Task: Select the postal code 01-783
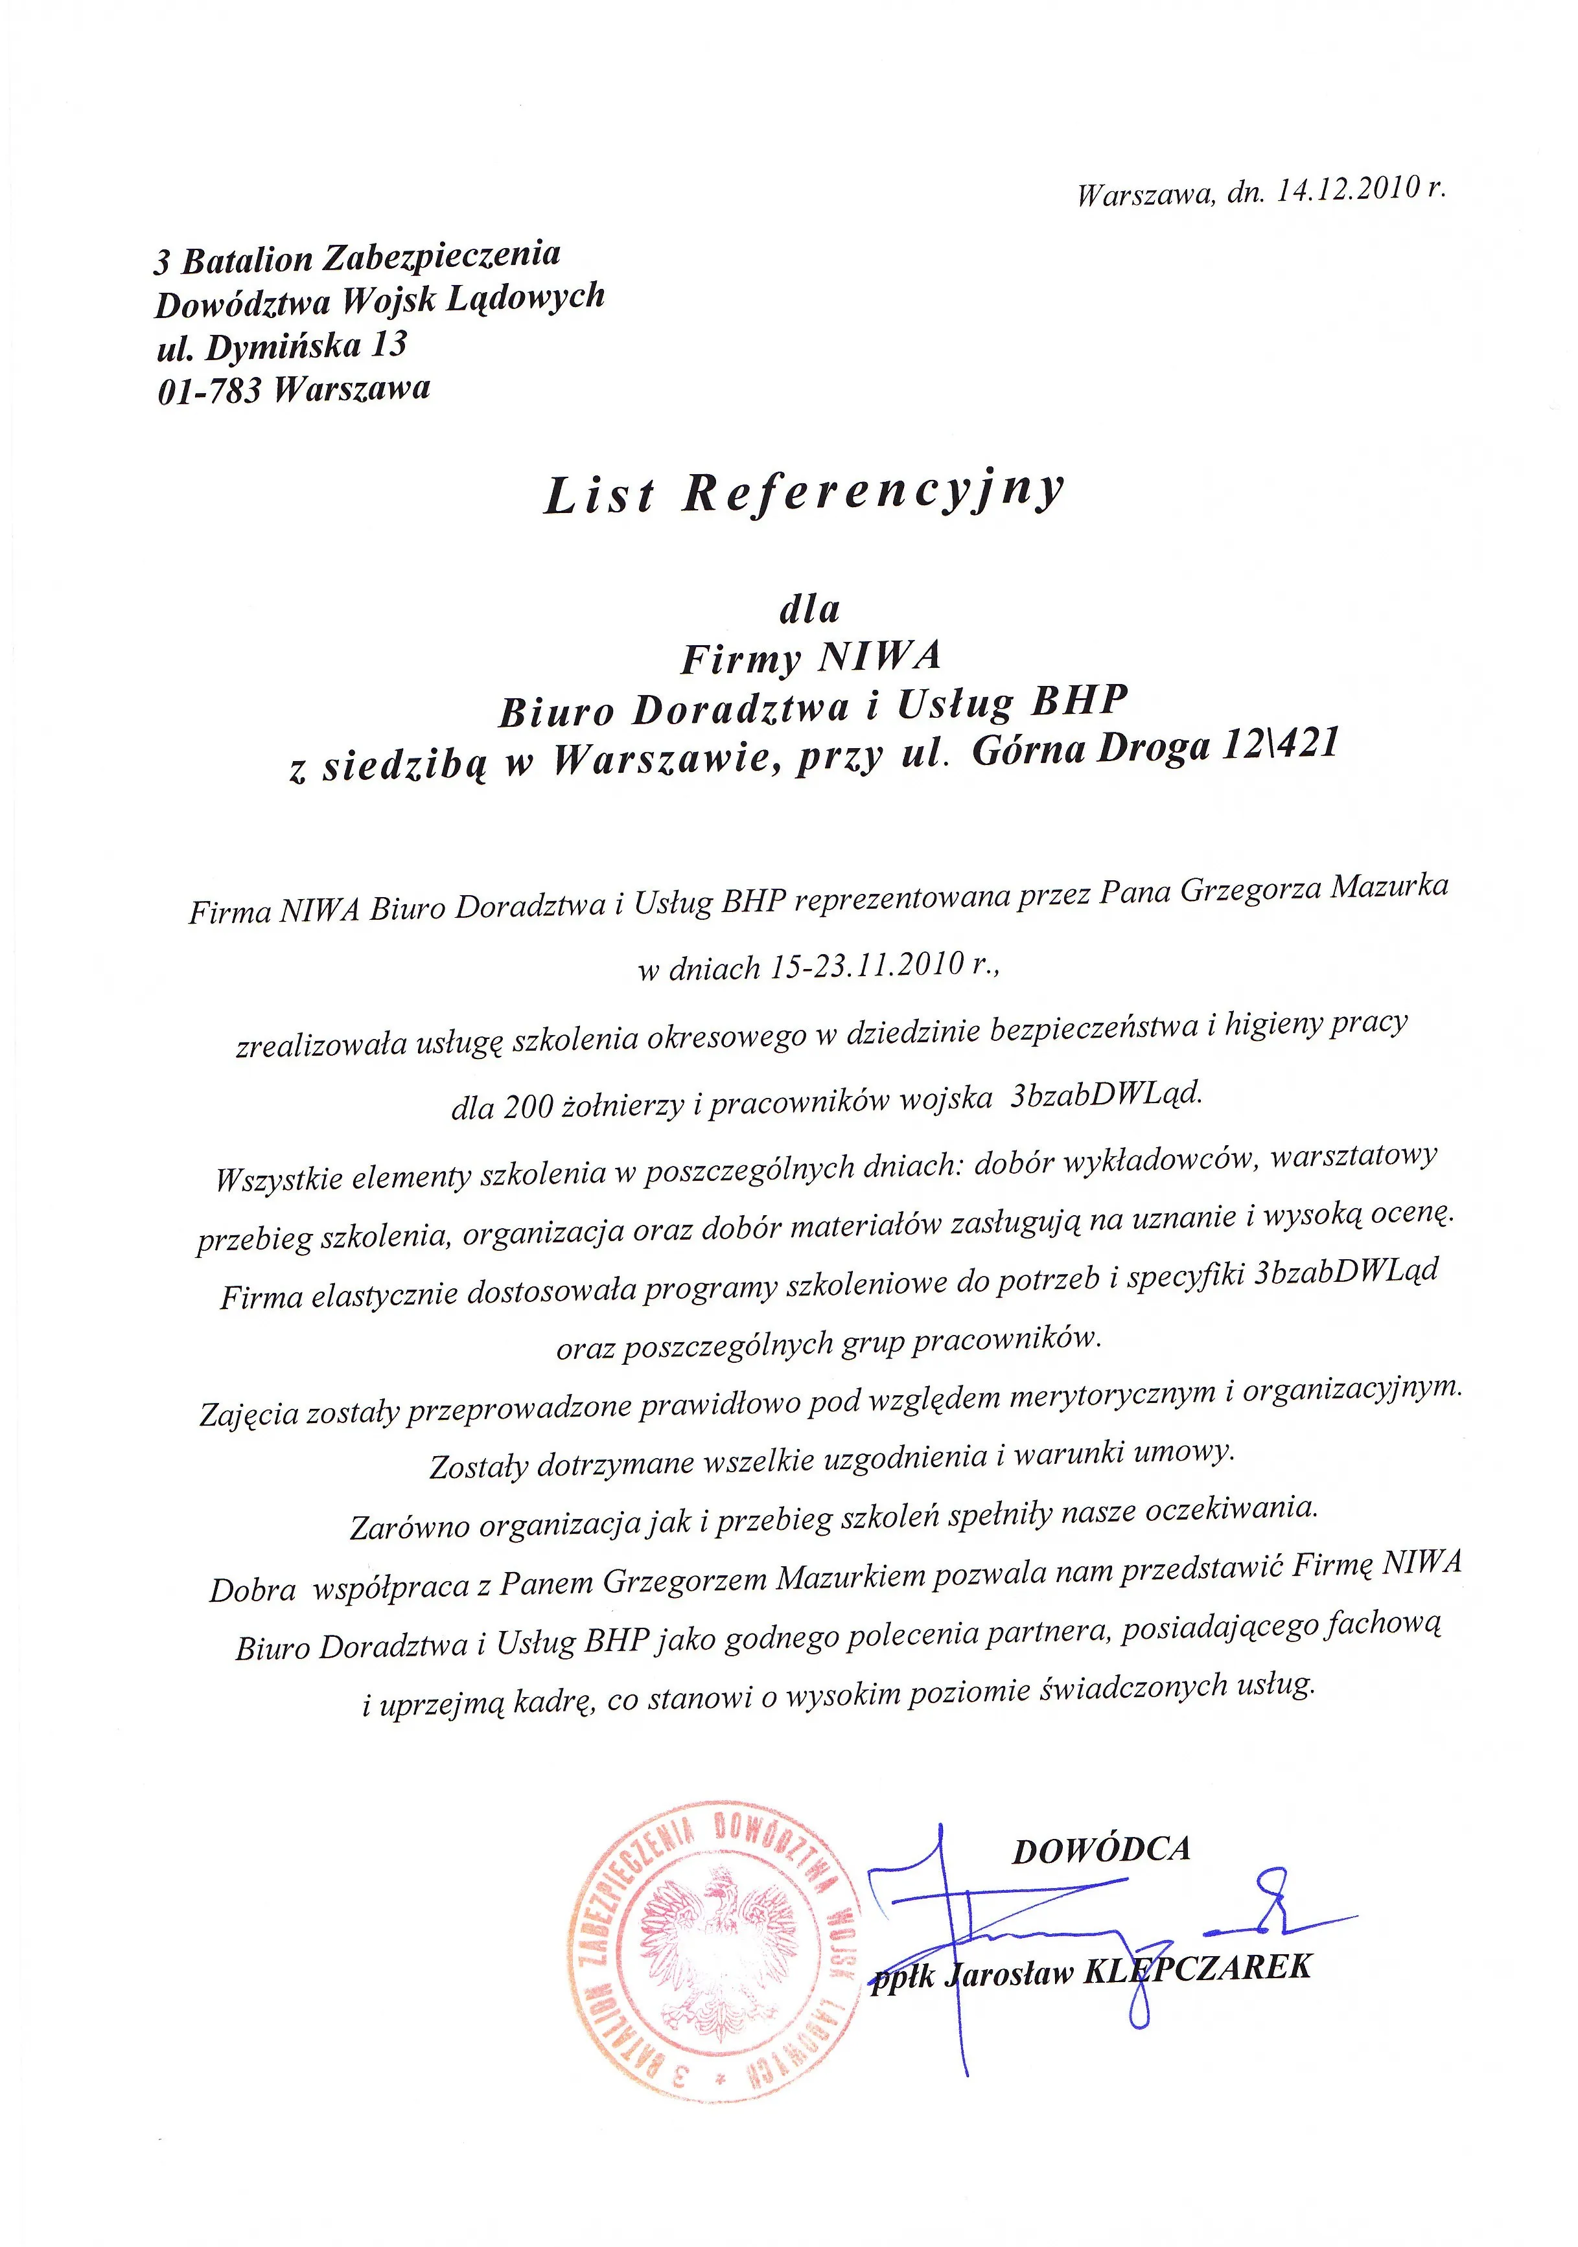coord(209,391)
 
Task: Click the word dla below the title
coord(809,610)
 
